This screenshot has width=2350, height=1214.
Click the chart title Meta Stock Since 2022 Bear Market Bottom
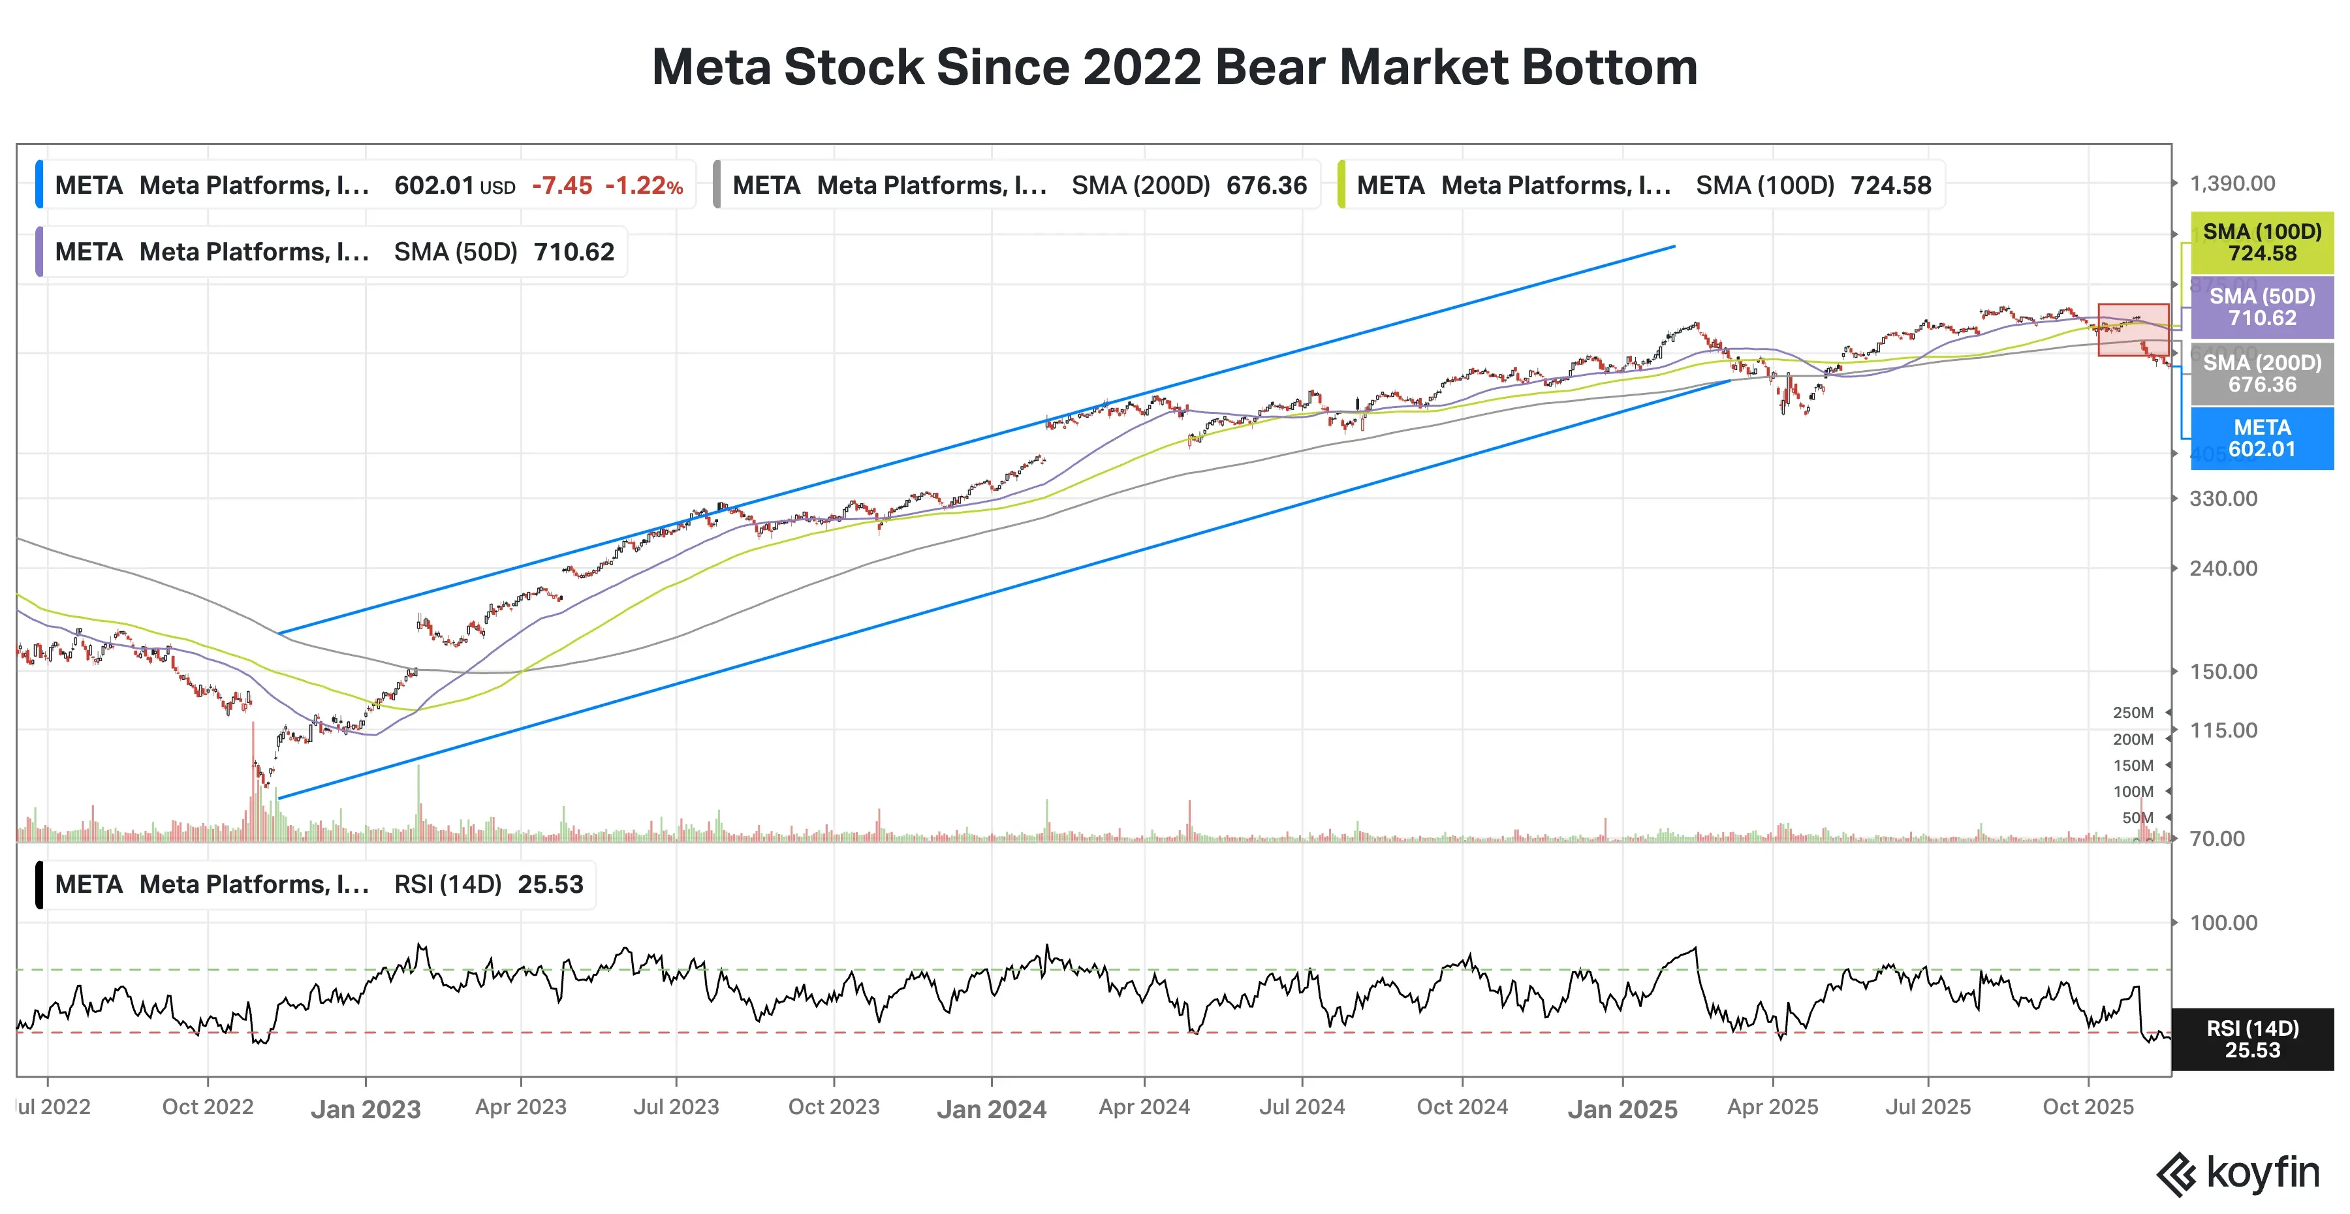[x=1174, y=67]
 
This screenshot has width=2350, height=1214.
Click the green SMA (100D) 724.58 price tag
[x=2261, y=243]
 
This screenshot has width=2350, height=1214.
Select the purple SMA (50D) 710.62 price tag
[x=2261, y=307]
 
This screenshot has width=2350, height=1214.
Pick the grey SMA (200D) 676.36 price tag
[x=2261, y=373]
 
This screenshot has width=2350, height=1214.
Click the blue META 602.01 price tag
[x=2261, y=439]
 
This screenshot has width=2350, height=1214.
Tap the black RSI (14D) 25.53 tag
[x=2251, y=1039]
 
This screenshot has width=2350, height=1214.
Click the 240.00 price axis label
[x=2223, y=568]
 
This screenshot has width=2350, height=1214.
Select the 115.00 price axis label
[x=2223, y=730]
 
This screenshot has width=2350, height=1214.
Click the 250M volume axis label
[x=2132, y=712]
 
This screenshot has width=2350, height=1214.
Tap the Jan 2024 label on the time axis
[x=992, y=1109]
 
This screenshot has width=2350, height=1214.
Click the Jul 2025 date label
[x=1928, y=1106]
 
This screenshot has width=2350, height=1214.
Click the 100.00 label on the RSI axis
[x=2223, y=922]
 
